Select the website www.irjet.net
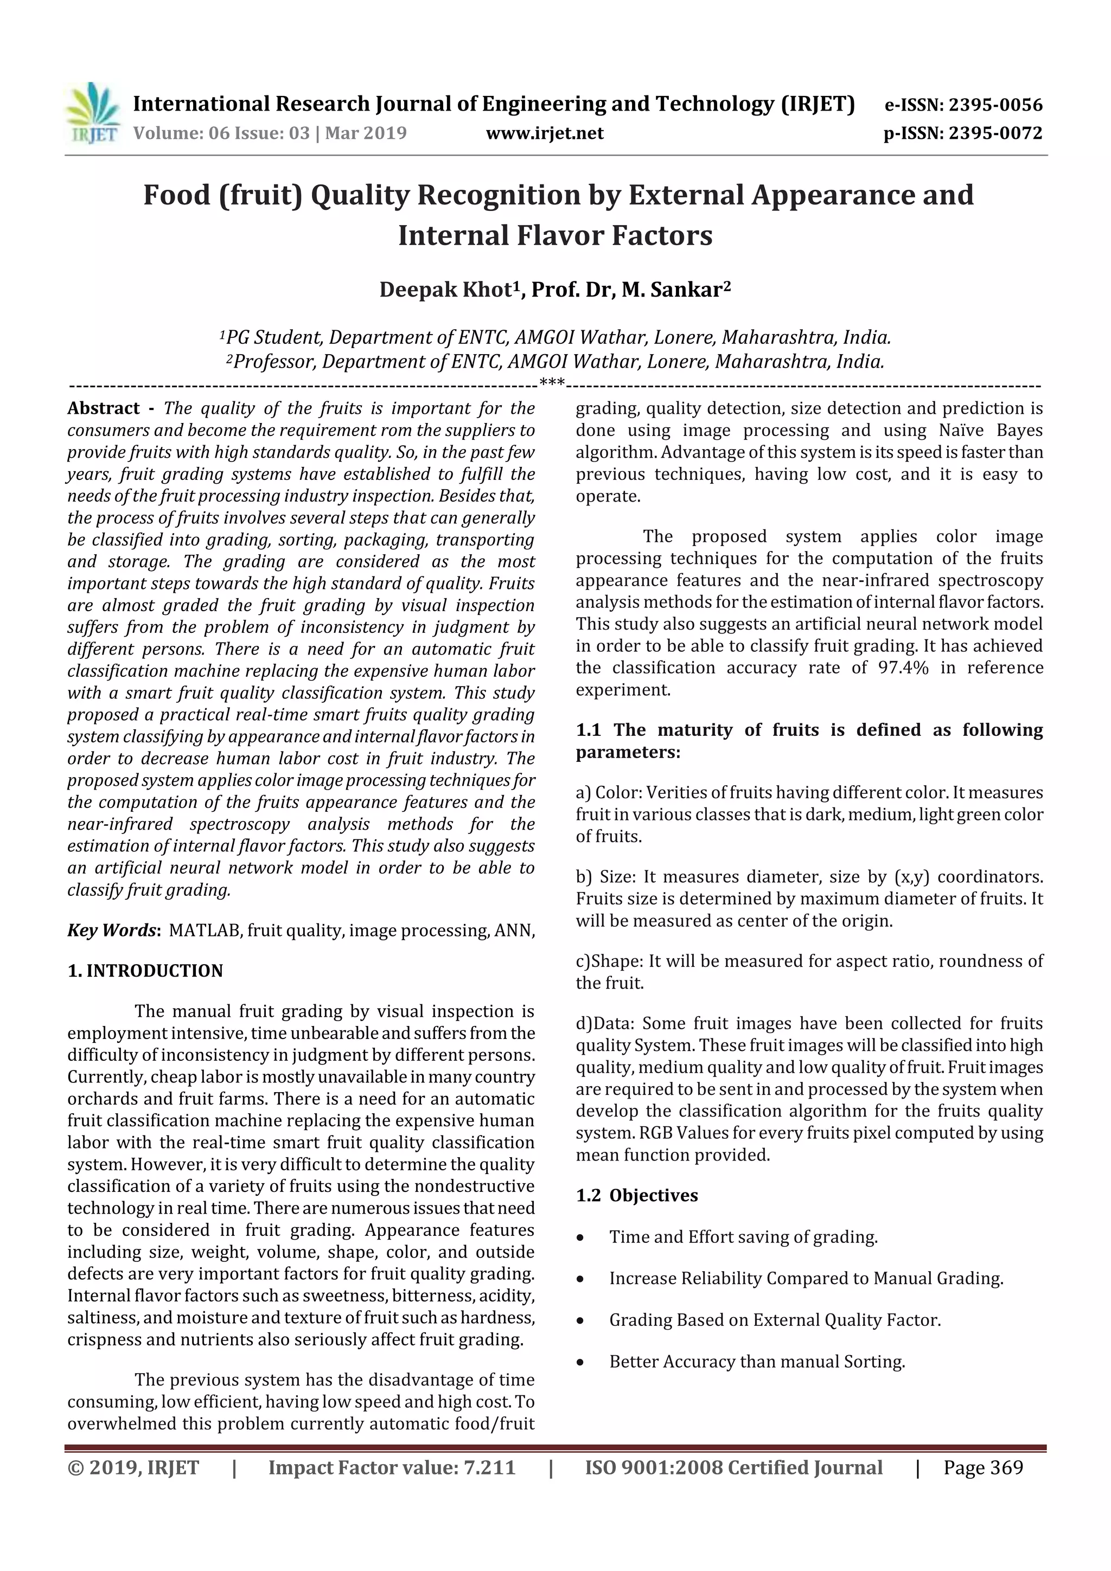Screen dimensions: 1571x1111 tap(544, 133)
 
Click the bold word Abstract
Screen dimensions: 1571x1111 tap(104, 408)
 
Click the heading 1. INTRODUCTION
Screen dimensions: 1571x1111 tap(145, 971)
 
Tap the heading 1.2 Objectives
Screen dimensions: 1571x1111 tap(637, 1195)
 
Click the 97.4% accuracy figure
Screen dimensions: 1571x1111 tap(903, 668)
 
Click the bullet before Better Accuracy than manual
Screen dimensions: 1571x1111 tap(580, 1362)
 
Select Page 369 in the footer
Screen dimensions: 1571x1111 tap(982, 1467)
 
